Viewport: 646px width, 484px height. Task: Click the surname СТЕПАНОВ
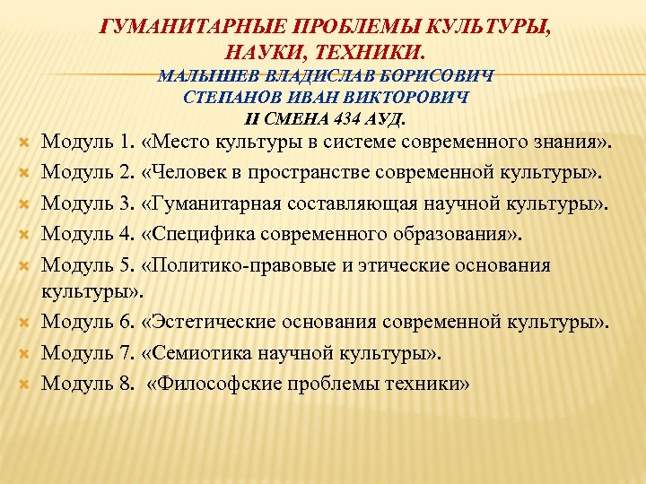[211, 97]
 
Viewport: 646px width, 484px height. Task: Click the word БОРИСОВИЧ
[440, 76]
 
